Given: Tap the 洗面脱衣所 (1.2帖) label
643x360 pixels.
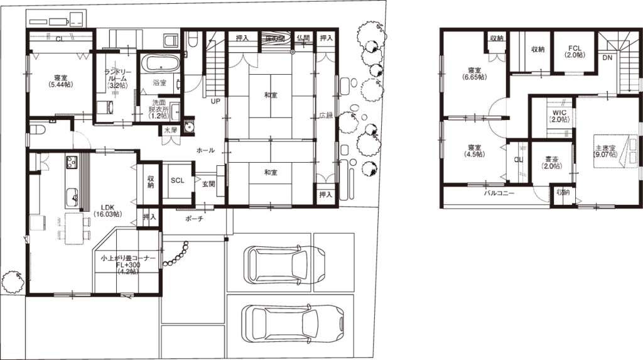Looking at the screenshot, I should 158,109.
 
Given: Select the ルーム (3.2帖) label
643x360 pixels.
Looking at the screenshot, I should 117,81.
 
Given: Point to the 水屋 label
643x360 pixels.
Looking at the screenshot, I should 170,131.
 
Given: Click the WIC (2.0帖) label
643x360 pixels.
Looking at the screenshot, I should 560,115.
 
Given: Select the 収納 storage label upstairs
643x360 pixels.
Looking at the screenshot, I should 563,192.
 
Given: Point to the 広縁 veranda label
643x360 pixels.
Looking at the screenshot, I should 325,116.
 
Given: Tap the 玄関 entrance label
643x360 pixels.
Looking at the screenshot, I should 209,184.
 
